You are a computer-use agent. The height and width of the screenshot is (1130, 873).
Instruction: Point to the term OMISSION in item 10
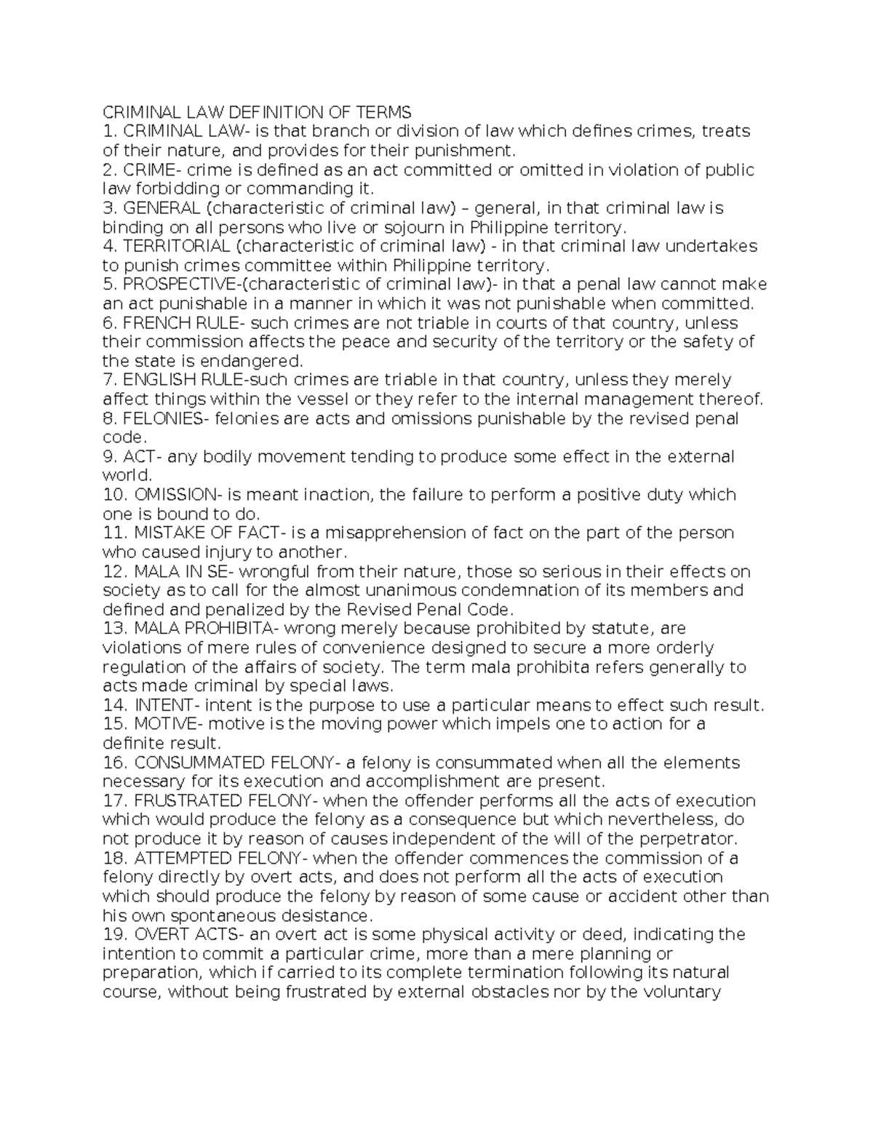(x=175, y=495)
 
